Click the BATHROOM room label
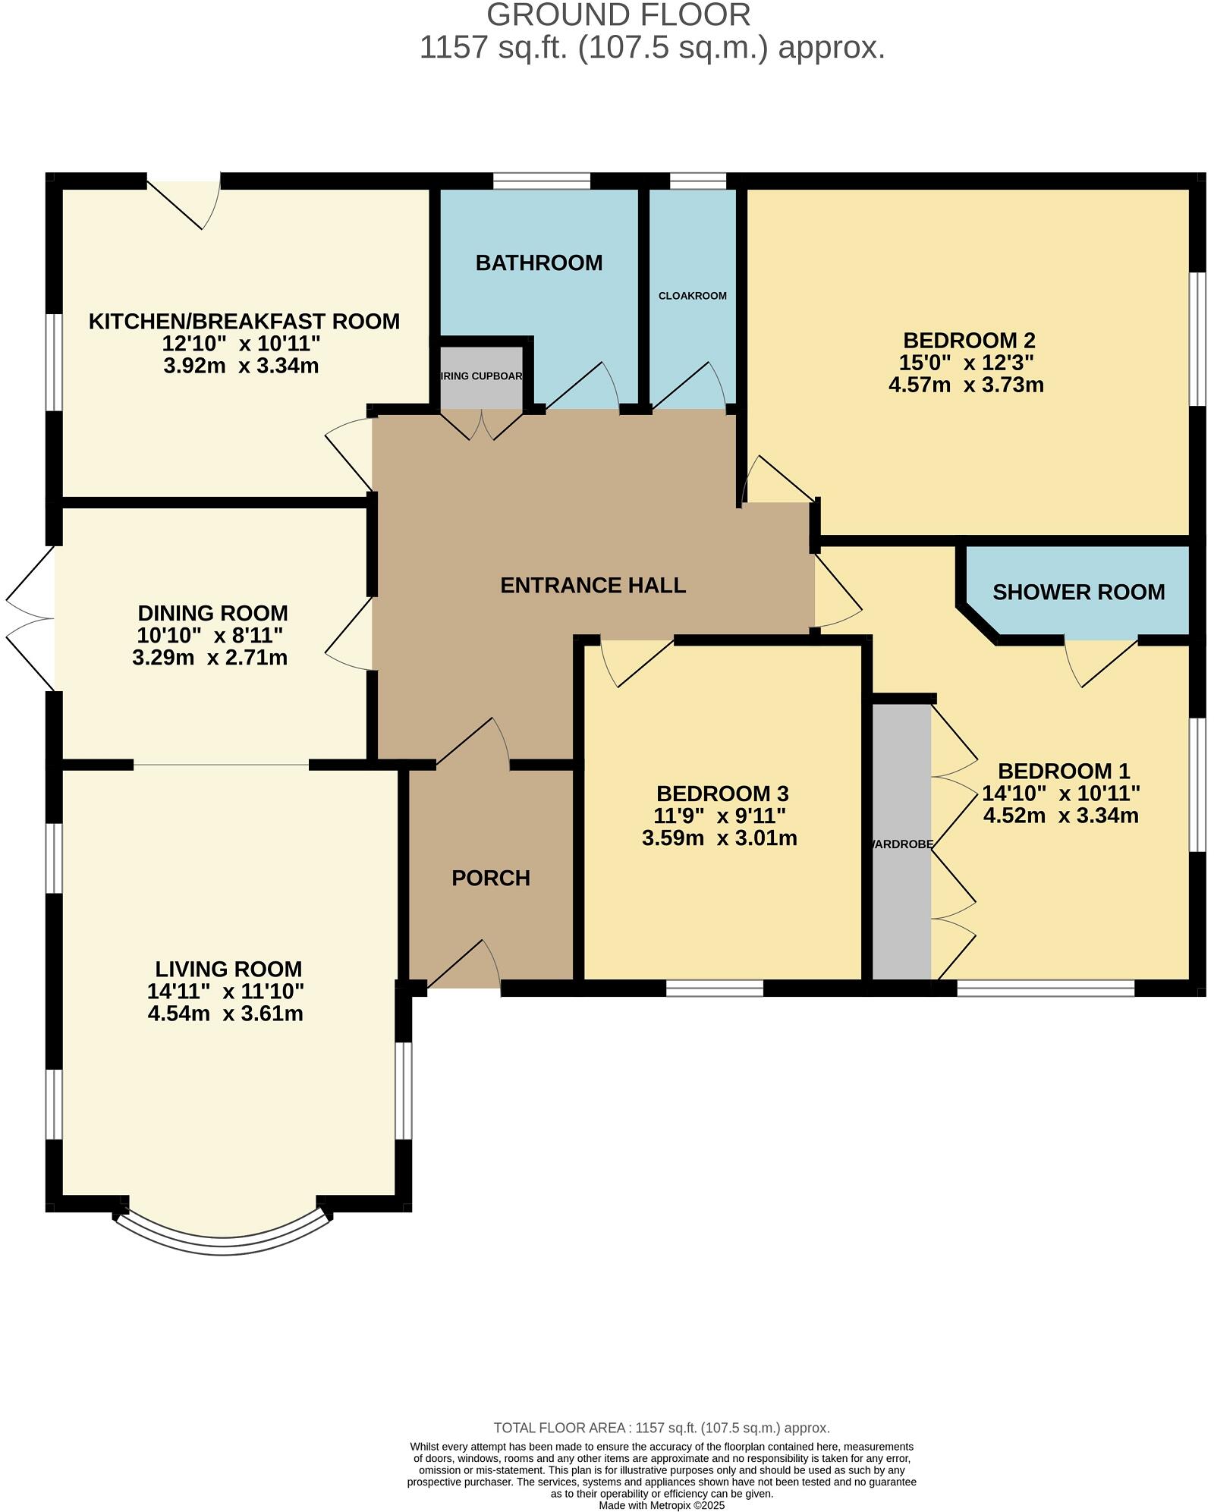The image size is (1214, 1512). pyautogui.click(x=539, y=263)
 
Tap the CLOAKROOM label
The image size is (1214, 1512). pyautogui.click(x=692, y=296)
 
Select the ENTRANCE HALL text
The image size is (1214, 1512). pyautogui.click(x=593, y=586)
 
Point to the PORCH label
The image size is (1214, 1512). pyautogui.click(x=490, y=879)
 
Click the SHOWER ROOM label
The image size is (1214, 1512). pyautogui.click(x=1078, y=593)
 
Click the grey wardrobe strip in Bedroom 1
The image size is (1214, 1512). pyautogui.click(x=901, y=842)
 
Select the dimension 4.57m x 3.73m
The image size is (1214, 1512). pyautogui.click(x=966, y=385)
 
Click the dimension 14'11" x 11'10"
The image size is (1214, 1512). pyautogui.click(x=226, y=991)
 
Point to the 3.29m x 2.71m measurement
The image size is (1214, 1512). pyautogui.click(x=210, y=658)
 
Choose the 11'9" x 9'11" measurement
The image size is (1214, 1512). pyautogui.click(x=719, y=816)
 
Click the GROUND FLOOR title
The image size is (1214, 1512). pyautogui.click(x=618, y=15)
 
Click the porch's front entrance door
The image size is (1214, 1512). pyautogui.click(x=463, y=965)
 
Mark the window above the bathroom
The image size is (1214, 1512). pyautogui.click(x=541, y=181)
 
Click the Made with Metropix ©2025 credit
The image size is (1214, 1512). pyautogui.click(x=662, y=1505)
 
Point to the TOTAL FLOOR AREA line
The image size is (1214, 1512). pyautogui.click(x=662, y=1428)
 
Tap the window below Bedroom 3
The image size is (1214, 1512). pyautogui.click(x=714, y=988)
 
